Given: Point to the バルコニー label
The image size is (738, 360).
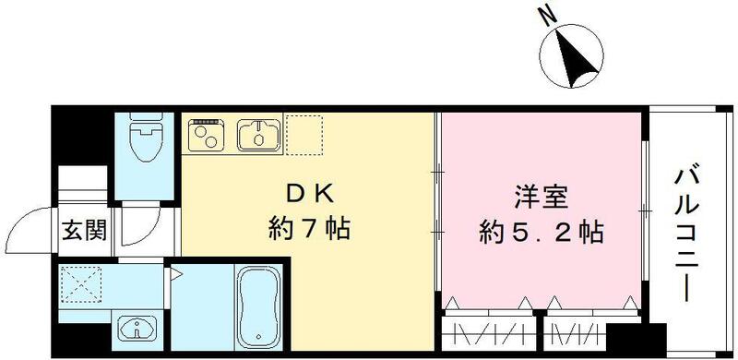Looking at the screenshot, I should (x=687, y=231).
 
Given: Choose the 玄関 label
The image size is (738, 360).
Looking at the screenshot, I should (x=83, y=231).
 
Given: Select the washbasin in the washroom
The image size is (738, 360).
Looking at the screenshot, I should (x=138, y=327).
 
